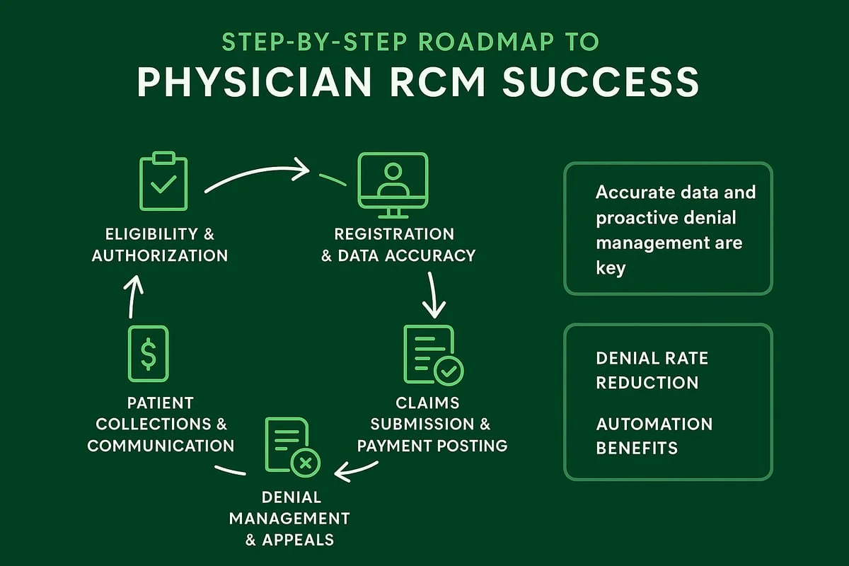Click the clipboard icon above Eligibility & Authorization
click(x=163, y=181)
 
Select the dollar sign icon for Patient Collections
click(x=149, y=354)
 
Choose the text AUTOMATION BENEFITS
click(x=654, y=435)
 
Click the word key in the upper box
click(x=611, y=269)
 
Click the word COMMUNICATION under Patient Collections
click(x=161, y=446)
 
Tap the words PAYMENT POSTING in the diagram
click(x=432, y=446)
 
